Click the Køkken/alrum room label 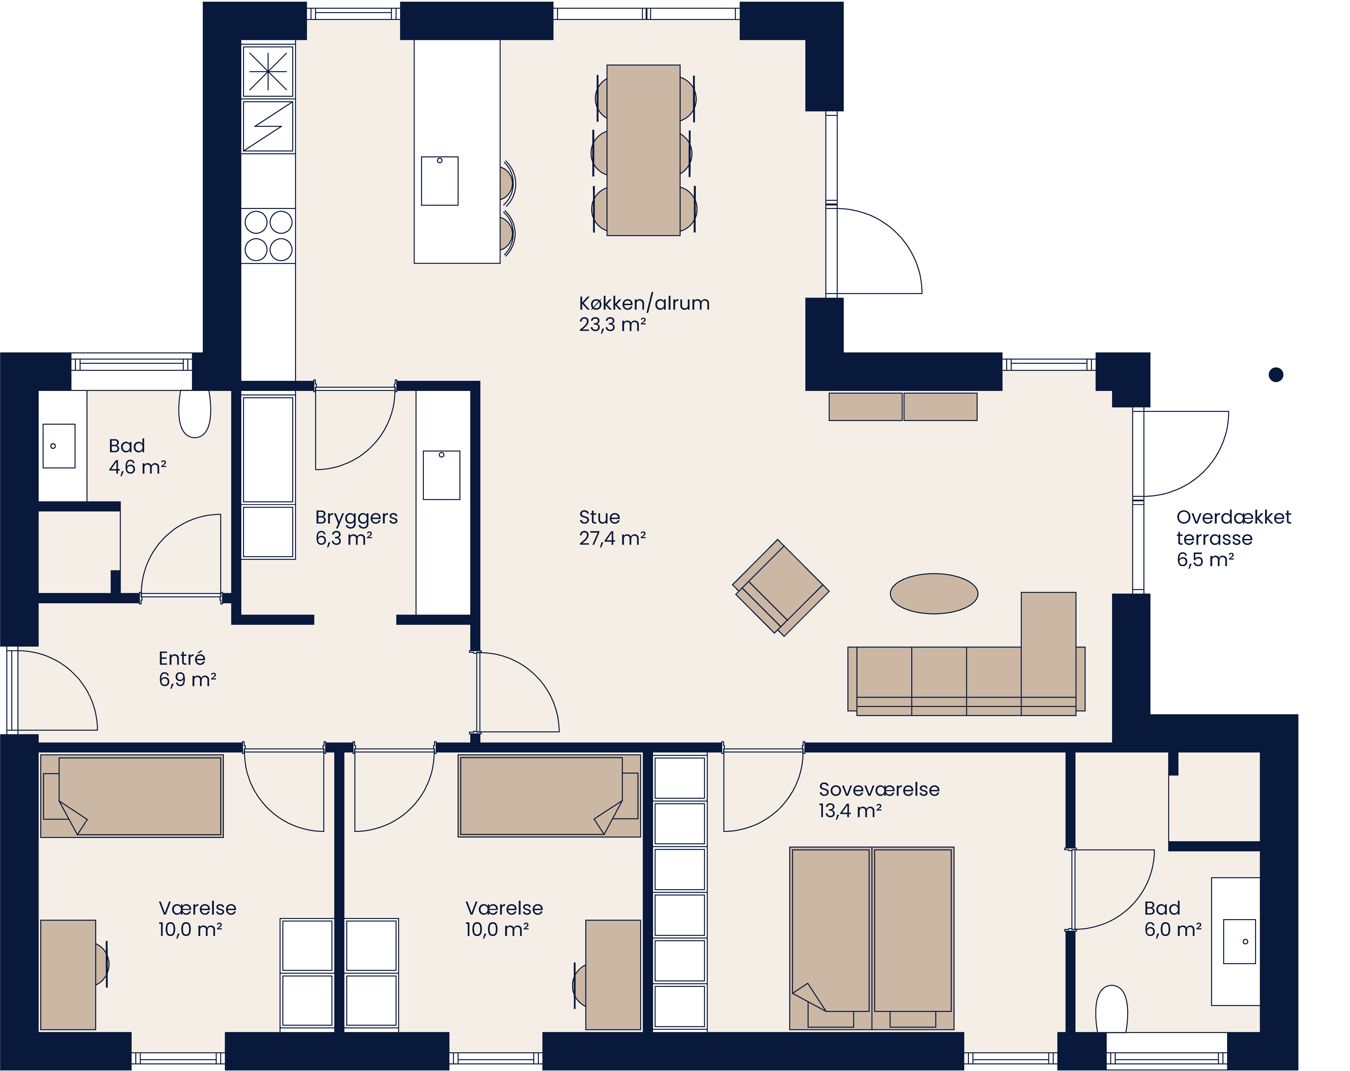click(x=644, y=303)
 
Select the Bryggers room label click(x=356, y=517)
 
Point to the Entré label click(x=182, y=658)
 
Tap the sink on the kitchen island click(x=440, y=181)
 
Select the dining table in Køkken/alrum click(x=643, y=150)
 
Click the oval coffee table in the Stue click(x=933, y=593)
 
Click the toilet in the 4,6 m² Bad click(x=195, y=413)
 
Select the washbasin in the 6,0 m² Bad click(x=1239, y=941)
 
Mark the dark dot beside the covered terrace click(x=1275, y=375)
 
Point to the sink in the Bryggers click(x=442, y=475)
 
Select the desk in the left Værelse click(x=67, y=974)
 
